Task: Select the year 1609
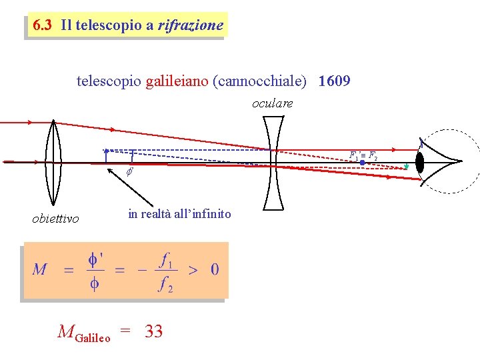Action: point(335,81)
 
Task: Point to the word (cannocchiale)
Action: point(259,81)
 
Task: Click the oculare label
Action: point(272,103)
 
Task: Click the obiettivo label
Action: point(55,219)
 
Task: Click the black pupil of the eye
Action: point(420,162)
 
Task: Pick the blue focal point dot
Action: point(361,162)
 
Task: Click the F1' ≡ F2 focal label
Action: point(363,155)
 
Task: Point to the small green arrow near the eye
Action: point(406,167)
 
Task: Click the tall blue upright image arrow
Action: point(106,155)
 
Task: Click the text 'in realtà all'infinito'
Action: point(179,214)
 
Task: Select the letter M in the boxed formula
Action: point(39,269)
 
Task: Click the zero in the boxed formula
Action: point(214,269)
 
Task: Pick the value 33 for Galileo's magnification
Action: point(153,331)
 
